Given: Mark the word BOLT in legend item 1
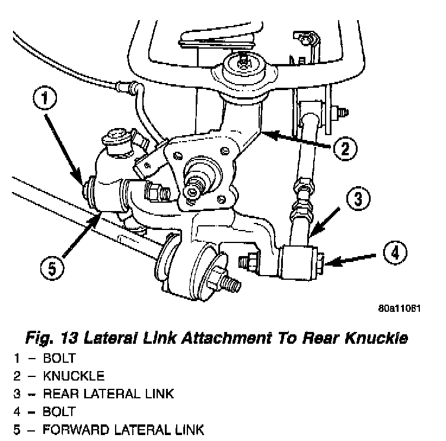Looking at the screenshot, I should [58, 359].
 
